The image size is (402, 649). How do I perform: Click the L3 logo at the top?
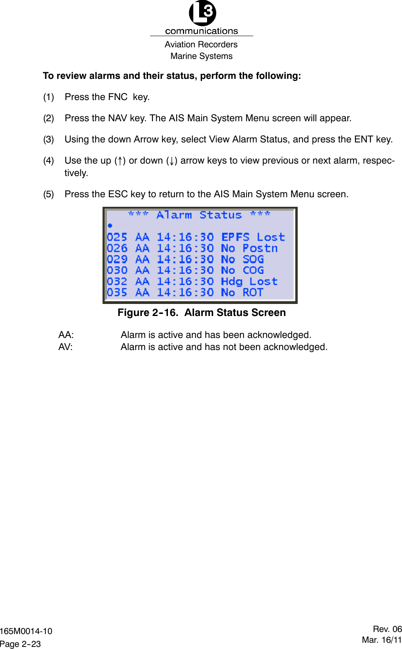coord(202,13)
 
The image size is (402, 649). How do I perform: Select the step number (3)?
coord(49,140)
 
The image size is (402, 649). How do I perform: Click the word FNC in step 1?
coord(118,97)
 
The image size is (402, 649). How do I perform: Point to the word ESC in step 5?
coord(118,194)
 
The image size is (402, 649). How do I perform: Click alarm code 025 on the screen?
coord(117,237)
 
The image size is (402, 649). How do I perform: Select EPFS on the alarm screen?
coord(235,237)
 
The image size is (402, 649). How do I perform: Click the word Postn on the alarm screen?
coord(260,248)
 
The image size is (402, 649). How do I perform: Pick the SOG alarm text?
coord(253,260)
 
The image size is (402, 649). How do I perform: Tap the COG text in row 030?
coord(253,270)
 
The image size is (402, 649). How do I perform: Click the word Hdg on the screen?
coord(232,282)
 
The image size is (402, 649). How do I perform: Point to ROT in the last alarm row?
coord(253,292)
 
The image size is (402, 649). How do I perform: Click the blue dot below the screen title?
coord(110,225)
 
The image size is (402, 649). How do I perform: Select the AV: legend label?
coord(66,347)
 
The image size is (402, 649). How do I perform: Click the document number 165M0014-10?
coord(26,631)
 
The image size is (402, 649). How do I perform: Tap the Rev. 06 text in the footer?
coord(387,629)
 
